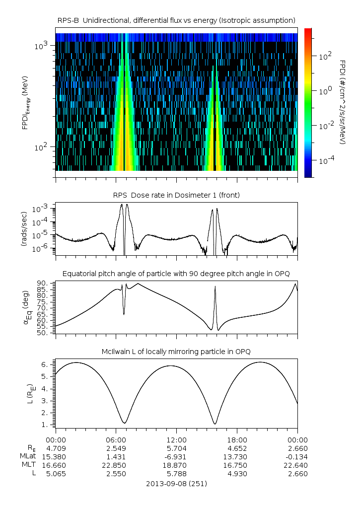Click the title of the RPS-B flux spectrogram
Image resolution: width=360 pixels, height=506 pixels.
pyautogui.click(x=176, y=20)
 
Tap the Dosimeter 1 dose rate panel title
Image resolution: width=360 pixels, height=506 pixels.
pyautogui.click(x=176, y=195)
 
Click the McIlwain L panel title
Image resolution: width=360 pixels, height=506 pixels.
pyautogui.click(x=176, y=352)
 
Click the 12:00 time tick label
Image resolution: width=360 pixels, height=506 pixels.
pyautogui.click(x=176, y=440)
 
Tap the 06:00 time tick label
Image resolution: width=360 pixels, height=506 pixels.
pyautogui.click(x=116, y=440)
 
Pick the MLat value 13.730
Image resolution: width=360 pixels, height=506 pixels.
pyautogui.click(x=237, y=457)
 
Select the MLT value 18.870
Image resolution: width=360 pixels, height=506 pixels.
pyautogui.click(x=176, y=465)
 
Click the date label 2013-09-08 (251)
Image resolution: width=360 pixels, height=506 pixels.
pyautogui.click(x=176, y=483)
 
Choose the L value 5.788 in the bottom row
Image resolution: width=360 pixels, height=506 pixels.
pyautogui.click(x=176, y=474)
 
